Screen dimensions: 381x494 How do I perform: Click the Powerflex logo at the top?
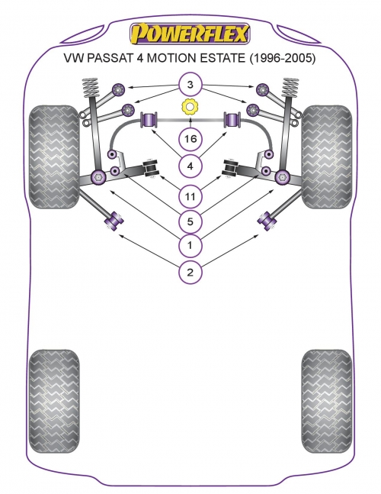pos(190,34)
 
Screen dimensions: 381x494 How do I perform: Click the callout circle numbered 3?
pos(190,85)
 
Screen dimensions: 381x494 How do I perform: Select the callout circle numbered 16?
pos(190,139)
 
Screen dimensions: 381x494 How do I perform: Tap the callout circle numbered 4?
pos(190,166)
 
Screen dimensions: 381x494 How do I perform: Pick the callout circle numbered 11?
pos(190,196)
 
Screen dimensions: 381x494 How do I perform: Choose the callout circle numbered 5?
pos(190,221)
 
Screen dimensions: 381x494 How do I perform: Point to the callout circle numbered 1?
pos(190,245)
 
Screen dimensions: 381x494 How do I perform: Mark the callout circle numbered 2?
pos(190,272)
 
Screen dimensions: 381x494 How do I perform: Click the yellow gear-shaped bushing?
pos(190,107)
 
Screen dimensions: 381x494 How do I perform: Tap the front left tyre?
pos(54,157)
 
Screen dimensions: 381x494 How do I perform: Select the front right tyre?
pos(327,157)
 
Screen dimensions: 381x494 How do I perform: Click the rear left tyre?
pos(54,401)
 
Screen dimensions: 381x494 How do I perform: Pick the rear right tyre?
pos(327,401)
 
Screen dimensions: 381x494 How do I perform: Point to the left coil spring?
pos(90,87)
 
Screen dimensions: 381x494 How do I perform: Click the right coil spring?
pos(290,87)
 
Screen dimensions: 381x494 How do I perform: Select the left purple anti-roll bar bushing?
pos(149,120)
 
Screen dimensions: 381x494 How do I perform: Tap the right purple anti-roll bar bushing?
pos(232,120)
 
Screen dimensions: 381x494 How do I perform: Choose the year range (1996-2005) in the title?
pos(282,58)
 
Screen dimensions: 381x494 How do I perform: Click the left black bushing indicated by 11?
pos(151,168)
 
